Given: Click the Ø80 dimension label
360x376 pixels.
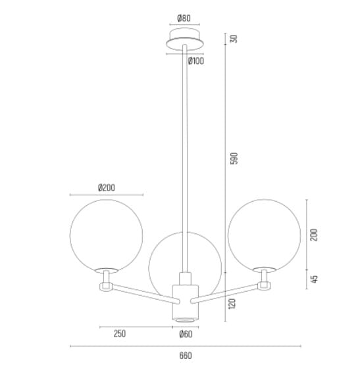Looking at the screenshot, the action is pyautogui.click(x=184, y=18).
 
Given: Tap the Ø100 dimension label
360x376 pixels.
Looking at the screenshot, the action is pyautogui.click(x=196, y=61).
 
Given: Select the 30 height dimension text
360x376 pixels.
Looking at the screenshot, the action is pyautogui.click(x=234, y=39).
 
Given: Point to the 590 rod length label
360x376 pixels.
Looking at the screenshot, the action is pyautogui.click(x=234, y=158).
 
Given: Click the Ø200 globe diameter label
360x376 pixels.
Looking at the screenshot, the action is pyautogui.click(x=107, y=187).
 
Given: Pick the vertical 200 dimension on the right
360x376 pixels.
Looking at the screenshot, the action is pyautogui.click(x=314, y=235).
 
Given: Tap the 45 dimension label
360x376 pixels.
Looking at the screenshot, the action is pyautogui.click(x=314, y=279).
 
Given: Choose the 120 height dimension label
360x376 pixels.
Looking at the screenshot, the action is pyautogui.click(x=232, y=304).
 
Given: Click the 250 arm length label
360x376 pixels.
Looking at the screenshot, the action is pyautogui.click(x=120, y=333).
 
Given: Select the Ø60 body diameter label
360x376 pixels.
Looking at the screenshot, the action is pyautogui.click(x=186, y=334).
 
